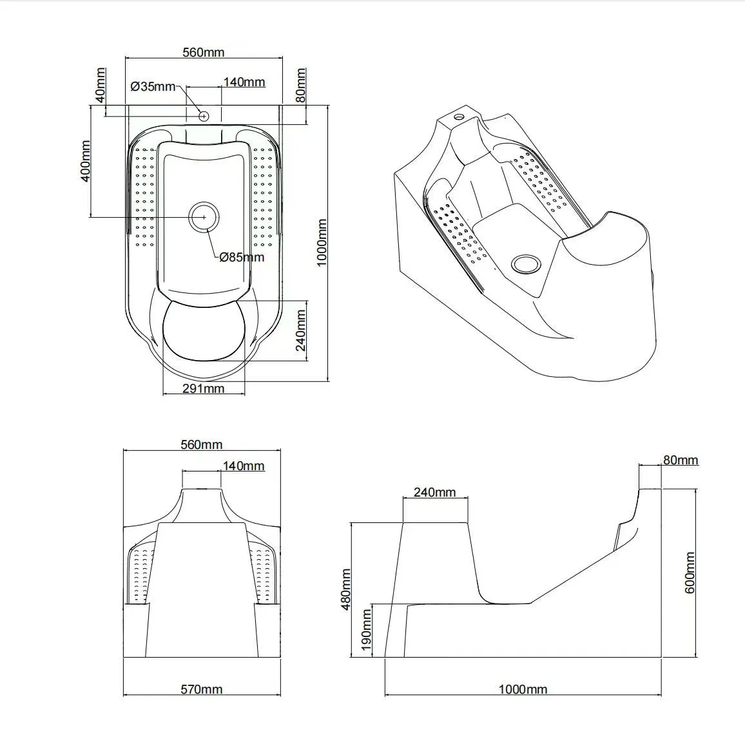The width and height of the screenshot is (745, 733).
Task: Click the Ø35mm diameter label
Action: click(153, 87)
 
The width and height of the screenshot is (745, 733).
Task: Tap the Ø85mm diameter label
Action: click(242, 257)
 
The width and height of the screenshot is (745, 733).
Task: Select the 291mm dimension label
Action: click(204, 388)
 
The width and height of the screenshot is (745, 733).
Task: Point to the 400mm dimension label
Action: click(86, 160)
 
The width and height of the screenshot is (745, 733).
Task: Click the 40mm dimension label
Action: click(101, 85)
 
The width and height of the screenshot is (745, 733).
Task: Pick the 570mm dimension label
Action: click(202, 689)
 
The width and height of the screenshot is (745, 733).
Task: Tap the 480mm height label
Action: click(346, 589)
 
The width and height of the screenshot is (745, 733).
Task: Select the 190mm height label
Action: click(366, 631)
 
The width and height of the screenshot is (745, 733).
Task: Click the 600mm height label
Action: click(690, 572)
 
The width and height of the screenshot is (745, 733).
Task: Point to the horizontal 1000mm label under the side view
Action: click(523, 689)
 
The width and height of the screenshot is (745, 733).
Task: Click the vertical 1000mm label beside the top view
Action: click(322, 243)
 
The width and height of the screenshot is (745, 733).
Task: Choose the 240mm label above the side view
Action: click(435, 492)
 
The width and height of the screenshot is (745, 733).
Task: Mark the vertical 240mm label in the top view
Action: click(301, 330)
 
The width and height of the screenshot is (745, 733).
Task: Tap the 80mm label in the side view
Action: click(681, 459)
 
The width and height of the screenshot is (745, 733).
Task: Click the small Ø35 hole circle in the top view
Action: click(204, 116)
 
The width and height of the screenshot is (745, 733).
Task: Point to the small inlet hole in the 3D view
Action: click(459, 117)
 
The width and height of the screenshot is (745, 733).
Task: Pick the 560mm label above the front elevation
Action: click(202, 444)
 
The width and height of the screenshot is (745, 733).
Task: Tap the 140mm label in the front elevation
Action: click(243, 466)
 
